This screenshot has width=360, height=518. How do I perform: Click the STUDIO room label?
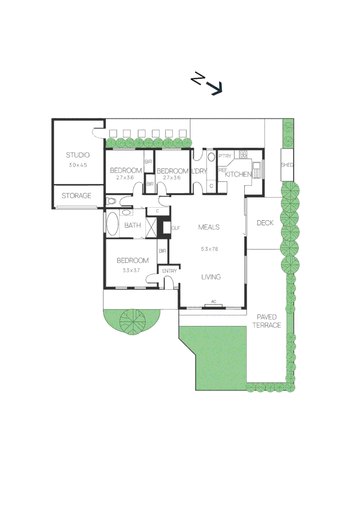(78, 155)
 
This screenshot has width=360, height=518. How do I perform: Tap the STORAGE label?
(76, 196)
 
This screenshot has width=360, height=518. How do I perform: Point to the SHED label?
(287, 165)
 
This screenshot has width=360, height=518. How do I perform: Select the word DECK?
(265, 223)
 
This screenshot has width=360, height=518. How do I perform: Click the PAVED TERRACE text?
(268, 321)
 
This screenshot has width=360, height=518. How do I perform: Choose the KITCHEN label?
(238, 174)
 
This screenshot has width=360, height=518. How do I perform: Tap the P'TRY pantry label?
(225, 156)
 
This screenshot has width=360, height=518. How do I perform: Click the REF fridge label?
(223, 169)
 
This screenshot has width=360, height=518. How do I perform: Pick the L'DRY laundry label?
(199, 171)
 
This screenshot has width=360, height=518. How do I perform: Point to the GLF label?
(175, 228)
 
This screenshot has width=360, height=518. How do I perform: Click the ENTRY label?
(169, 271)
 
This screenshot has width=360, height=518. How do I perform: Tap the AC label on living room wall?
(214, 302)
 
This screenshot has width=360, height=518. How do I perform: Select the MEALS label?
(209, 227)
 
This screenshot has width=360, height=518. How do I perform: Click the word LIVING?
(211, 277)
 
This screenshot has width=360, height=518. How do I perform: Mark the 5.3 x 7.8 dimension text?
(210, 249)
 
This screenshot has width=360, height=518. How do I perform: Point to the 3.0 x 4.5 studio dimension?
(78, 165)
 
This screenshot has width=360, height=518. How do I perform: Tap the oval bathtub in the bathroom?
(112, 224)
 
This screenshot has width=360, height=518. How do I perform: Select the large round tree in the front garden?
(132, 321)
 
